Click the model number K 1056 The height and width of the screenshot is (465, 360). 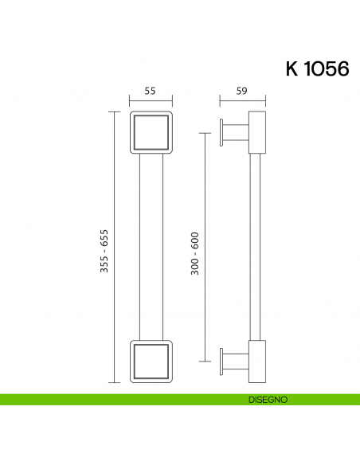tap(317, 68)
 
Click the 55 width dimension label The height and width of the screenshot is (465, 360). tap(150, 92)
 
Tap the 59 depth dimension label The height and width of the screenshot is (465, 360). tap(241, 92)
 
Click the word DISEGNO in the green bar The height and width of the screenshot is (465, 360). tap(267, 399)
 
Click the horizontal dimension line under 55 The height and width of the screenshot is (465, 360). tap(150, 101)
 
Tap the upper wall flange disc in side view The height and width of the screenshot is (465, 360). tap(222, 132)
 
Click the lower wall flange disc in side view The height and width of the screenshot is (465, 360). tap(222, 361)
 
